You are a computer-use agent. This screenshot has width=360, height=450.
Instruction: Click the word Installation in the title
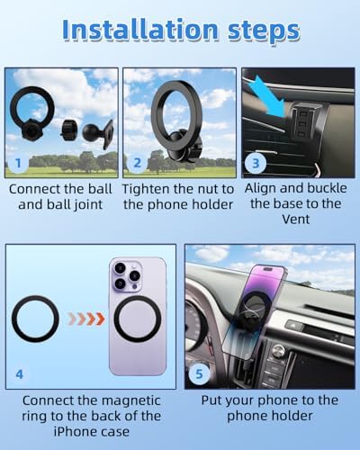[x=140, y=30]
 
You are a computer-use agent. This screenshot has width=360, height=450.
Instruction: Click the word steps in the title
[x=264, y=31]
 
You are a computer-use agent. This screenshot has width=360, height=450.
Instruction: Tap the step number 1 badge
[x=18, y=163]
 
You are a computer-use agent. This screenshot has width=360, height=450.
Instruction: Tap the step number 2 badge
[x=137, y=163]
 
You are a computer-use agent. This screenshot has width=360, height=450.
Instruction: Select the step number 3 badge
[x=256, y=163]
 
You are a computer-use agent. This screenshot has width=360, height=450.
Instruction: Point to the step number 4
[x=19, y=374]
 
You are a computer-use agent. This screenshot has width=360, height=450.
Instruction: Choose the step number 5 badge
[x=199, y=373]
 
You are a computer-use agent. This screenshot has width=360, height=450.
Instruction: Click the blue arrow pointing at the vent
[x=267, y=95]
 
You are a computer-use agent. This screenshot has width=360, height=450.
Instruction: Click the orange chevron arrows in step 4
[x=86, y=319]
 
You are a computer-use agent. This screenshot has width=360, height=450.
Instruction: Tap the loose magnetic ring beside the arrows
[x=13, y=319]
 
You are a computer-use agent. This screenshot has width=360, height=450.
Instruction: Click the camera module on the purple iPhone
[x=126, y=276]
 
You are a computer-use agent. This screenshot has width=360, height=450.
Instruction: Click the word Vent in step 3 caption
[x=295, y=220]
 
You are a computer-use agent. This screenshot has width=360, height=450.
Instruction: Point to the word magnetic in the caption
[x=132, y=400]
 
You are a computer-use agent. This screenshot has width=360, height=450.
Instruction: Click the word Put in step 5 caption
[x=211, y=400]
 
